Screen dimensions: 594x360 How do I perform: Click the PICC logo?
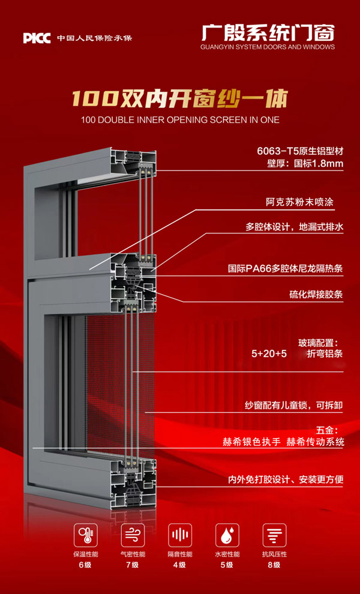coord(37,38)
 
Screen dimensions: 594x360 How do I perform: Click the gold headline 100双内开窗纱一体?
coord(180,98)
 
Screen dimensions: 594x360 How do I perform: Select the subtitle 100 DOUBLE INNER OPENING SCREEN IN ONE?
coord(180,119)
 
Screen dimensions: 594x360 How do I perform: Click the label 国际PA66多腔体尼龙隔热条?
coord(286,269)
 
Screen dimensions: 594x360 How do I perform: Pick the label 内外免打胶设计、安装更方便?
coord(285,479)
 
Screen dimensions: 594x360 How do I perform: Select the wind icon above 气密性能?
coord(133,534)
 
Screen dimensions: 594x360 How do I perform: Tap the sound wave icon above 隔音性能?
coord(180,534)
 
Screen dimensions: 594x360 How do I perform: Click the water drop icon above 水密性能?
coord(227,534)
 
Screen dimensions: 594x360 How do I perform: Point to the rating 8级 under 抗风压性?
coord(274,565)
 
